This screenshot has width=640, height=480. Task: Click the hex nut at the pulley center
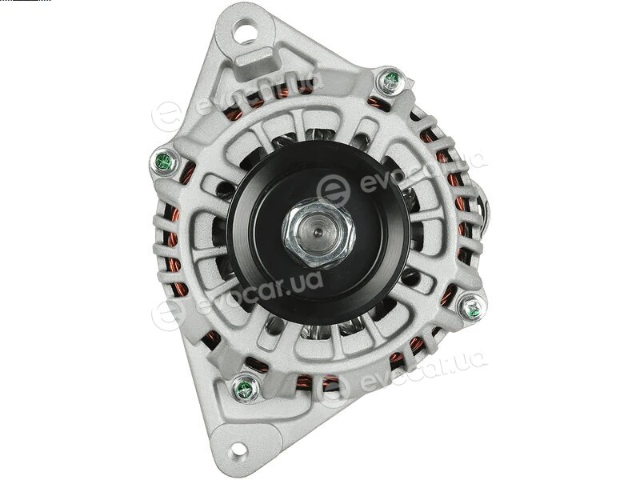point(319,234)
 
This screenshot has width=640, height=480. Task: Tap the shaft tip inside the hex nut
point(319,233)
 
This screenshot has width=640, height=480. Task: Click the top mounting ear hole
point(245,32)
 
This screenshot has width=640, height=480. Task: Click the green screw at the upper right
point(390,81)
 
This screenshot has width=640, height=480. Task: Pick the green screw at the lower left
point(245,388)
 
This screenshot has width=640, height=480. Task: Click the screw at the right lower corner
point(472,307)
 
